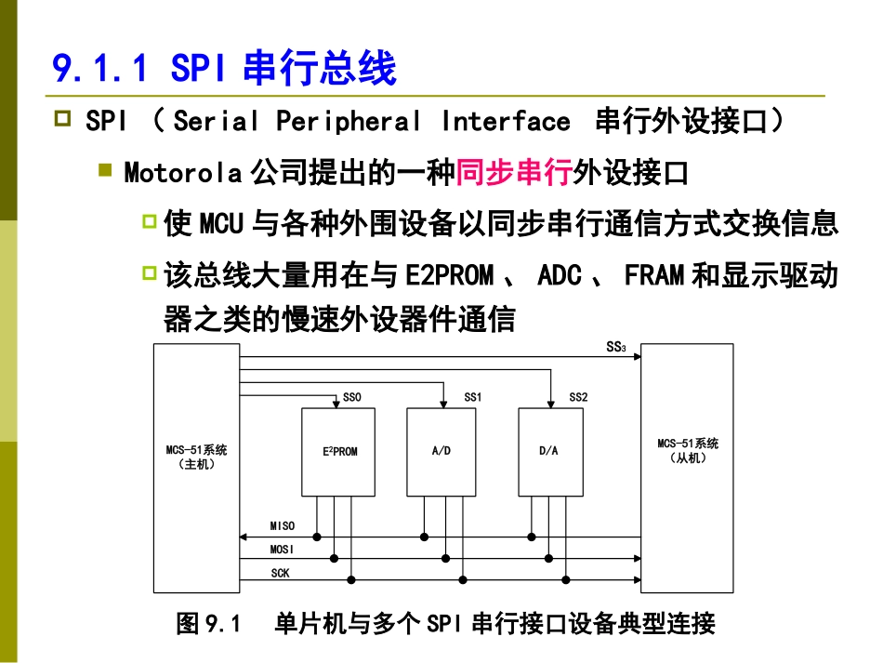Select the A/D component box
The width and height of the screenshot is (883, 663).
pyautogui.click(x=441, y=452)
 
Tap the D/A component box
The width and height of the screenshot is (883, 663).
pyautogui.click(x=549, y=452)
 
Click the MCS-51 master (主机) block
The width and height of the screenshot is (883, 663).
pyautogui.click(x=196, y=465)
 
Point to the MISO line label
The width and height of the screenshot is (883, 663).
pyautogui.click(x=283, y=526)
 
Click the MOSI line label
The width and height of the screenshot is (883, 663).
pyautogui.click(x=283, y=550)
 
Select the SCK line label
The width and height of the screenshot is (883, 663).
pyautogui.click(x=280, y=574)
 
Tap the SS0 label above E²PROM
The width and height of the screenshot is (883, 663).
pyautogui.click(x=352, y=397)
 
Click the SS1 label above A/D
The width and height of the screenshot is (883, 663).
pyautogui.click(x=473, y=397)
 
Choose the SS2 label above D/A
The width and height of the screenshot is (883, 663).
pyautogui.click(x=578, y=397)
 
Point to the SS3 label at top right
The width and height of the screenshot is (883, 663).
pyautogui.click(x=616, y=349)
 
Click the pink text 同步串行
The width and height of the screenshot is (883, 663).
pyautogui.click(x=515, y=172)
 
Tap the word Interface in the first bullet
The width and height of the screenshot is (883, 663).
pyautogui.click(x=506, y=122)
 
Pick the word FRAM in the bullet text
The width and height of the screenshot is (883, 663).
pyautogui.click(x=654, y=275)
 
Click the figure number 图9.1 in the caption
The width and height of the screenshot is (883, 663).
pyautogui.click(x=209, y=623)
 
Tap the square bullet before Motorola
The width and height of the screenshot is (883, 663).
pyautogui.click(x=106, y=171)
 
